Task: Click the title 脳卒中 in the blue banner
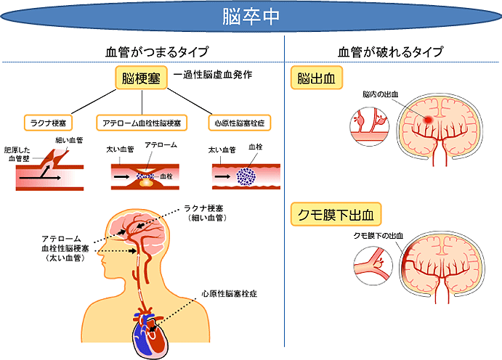(251, 16)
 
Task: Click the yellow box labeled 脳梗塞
(141, 78)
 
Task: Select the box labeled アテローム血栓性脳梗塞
(147, 123)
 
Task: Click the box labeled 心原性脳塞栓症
(240, 123)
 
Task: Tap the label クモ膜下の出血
(376, 236)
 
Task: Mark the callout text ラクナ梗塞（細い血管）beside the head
(209, 212)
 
